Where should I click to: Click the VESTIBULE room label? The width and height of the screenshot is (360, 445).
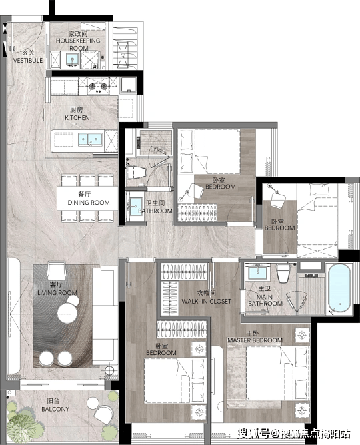28,60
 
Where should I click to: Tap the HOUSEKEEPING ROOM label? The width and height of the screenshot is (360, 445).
78,44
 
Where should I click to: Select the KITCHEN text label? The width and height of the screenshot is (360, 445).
77,117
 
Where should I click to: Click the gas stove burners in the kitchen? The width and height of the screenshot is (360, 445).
98,86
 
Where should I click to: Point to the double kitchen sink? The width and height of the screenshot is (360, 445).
90,139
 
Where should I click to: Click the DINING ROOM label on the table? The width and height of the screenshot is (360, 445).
89,203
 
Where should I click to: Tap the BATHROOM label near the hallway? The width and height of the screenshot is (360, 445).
155,211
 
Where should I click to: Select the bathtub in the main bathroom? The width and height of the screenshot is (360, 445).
339,288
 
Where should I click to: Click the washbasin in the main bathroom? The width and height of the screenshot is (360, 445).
257,272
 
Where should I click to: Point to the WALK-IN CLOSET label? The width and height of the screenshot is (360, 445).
207,301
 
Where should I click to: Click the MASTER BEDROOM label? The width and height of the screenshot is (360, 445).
255,340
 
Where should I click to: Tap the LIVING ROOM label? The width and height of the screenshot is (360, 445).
57,292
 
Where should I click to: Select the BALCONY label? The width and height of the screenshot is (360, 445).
55,409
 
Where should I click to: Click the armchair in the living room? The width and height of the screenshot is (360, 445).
57,270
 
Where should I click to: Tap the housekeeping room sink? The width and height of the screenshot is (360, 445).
73,59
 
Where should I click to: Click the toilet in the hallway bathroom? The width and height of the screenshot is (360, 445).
136,172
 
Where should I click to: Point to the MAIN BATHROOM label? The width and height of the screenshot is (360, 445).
265,300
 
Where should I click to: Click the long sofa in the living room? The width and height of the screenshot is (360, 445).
105,316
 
